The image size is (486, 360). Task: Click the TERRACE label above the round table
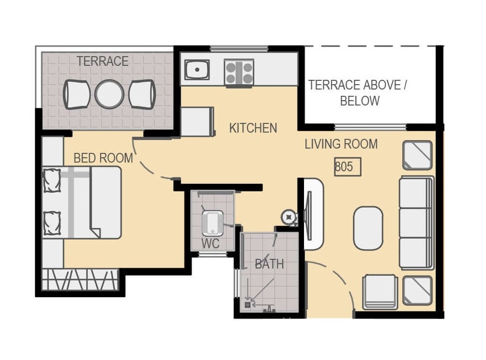(102, 61)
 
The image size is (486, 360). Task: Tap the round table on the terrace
(109, 94)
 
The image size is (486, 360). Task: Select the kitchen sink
(197, 70)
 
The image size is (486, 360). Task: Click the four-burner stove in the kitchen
(239, 73)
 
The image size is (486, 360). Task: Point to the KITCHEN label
(253, 128)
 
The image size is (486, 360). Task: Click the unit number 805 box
(347, 167)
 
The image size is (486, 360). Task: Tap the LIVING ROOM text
(341, 144)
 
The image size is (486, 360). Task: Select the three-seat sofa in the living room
(416, 223)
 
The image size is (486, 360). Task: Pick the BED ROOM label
(103, 158)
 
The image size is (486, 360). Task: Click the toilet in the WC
(213, 223)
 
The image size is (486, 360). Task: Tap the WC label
(211, 244)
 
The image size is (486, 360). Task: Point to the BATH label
(269, 264)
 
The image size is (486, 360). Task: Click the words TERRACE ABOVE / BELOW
(358, 93)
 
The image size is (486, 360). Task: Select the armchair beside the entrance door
(380, 292)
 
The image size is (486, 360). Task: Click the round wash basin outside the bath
(289, 218)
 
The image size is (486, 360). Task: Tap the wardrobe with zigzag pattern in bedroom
(80, 280)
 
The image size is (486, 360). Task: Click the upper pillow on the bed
(52, 180)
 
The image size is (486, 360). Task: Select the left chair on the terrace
(76, 94)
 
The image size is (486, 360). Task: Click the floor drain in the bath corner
(248, 305)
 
